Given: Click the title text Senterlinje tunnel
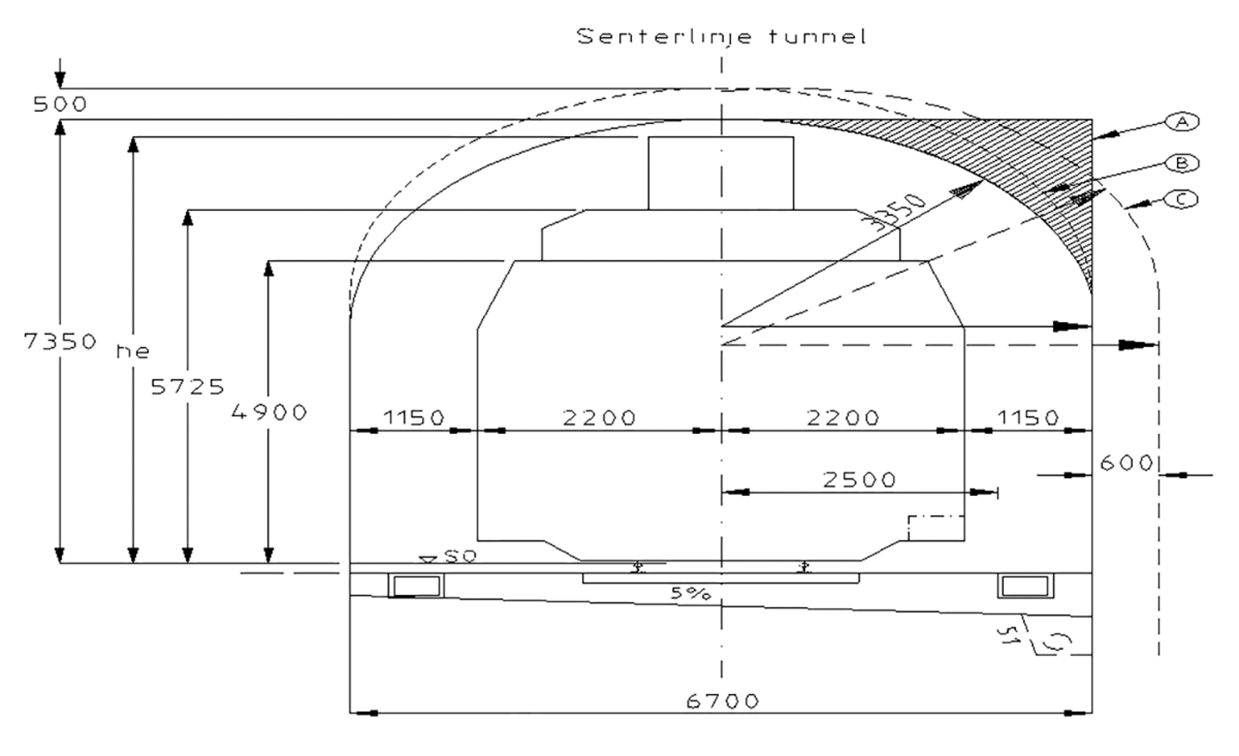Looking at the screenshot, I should pos(721,36).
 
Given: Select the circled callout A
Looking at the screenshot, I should pos(1182,122).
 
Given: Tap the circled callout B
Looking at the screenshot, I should pos(1182,163).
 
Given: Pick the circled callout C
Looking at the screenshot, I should pos(1182,199).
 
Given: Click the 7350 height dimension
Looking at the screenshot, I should pos(60,341).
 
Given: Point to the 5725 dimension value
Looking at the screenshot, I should pos(187,386).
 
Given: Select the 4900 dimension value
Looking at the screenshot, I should pos(269,411).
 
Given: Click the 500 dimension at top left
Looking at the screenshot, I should pos(60,104).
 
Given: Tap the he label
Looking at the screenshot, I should pos(132,351).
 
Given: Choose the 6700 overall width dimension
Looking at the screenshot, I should pos(722,700).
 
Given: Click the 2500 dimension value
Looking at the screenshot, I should pos(859,479).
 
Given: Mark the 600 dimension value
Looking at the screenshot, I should pos(1126,462).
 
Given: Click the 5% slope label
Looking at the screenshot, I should pos(690,593).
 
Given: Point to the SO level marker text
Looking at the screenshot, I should pos(459,556).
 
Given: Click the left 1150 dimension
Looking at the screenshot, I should pos(414,418).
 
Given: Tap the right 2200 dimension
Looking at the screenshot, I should pos(843,418).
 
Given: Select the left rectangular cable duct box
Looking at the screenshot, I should pos(416,586).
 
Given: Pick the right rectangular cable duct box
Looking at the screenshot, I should pos(1025,586).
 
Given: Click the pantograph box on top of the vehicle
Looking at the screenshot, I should pos(720,173).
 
